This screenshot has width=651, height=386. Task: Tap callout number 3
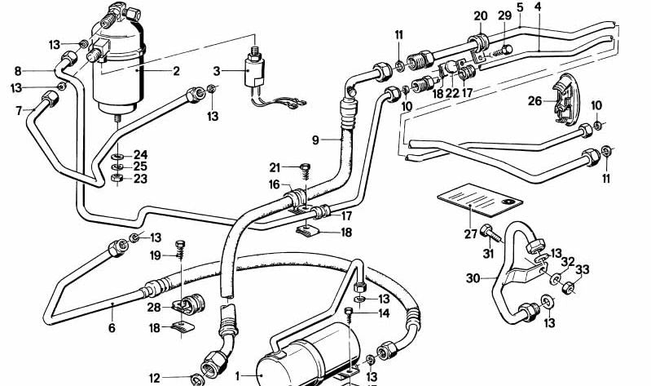(x=217, y=73)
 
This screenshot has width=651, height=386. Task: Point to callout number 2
(x=175, y=71)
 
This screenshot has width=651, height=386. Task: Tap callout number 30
(x=473, y=277)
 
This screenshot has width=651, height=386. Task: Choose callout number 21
(x=275, y=167)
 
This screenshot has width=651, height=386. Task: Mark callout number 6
(x=111, y=329)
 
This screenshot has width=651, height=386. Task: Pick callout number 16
(x=275, y=186)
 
